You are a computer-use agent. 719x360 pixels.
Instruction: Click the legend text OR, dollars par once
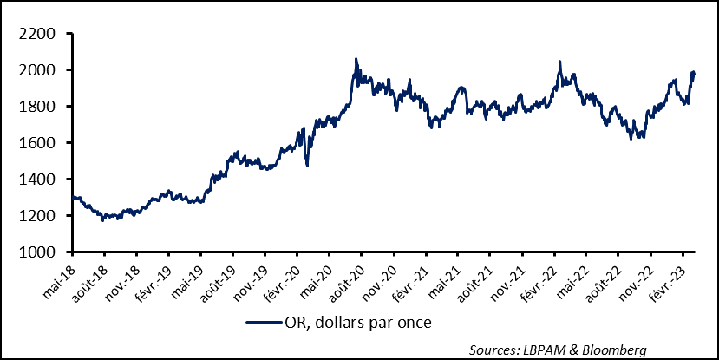[356, 323]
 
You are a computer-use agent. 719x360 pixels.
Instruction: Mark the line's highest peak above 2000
[356, 59]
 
